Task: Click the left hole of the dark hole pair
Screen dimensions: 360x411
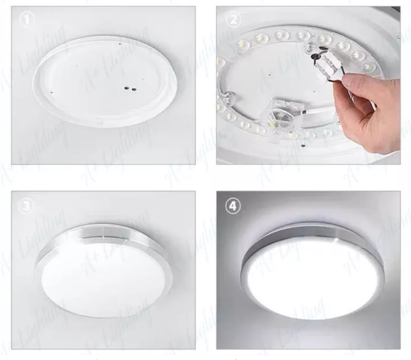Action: pos(126,87)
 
